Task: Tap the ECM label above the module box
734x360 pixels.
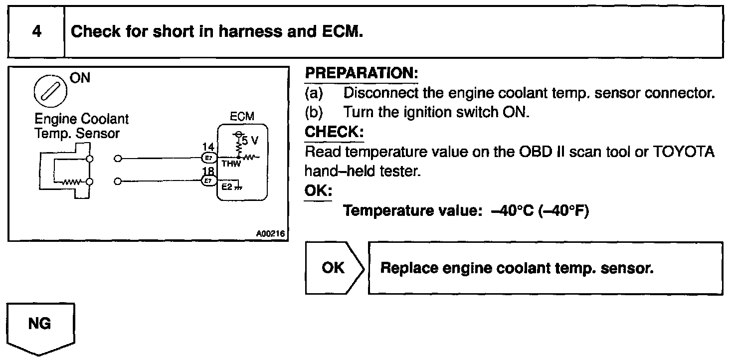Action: tap(242, 117)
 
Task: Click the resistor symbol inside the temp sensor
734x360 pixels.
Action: tap(68, 181)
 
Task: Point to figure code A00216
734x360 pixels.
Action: tap(272, 233)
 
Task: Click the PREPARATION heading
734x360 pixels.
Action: tap(361, 73)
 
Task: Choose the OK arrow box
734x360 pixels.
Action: tap(333, 268)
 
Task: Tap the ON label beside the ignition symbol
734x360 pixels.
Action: tap(80, 78)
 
